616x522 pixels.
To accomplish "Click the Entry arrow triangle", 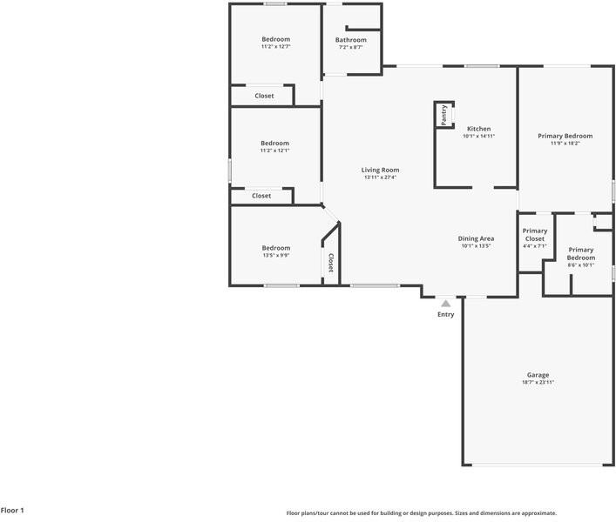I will (x=445, y=304).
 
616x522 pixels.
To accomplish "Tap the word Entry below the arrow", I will (x=445, y=315).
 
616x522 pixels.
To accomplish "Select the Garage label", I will (x=538, y=375).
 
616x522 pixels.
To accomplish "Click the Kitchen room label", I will (x=478, y=129).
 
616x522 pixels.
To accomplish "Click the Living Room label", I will (x=380, y=171).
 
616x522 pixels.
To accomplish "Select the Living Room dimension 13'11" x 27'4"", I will (x=380, y=177).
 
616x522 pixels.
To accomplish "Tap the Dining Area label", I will (x=477, y=238).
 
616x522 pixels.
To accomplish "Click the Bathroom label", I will (x=351, y=40).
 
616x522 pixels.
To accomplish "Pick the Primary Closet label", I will (x=534, y=235).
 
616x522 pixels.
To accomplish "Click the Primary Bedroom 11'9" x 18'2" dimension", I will (x=565, y=144).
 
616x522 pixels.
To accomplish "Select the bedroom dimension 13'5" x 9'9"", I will (x=275, y=255).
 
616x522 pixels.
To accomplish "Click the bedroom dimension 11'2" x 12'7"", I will (x=275, y=47).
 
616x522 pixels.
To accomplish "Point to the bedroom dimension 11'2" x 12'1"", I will (x=274, y=151).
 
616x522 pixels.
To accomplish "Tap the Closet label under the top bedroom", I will (x=264, y=96).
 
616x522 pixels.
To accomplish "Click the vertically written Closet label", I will (x=330, y=263).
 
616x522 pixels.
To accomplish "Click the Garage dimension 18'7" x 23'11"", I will (x=538, y=383).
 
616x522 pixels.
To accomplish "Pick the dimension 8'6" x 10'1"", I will (x=580, y=265).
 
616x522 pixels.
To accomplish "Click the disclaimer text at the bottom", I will (x=421, y=513).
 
